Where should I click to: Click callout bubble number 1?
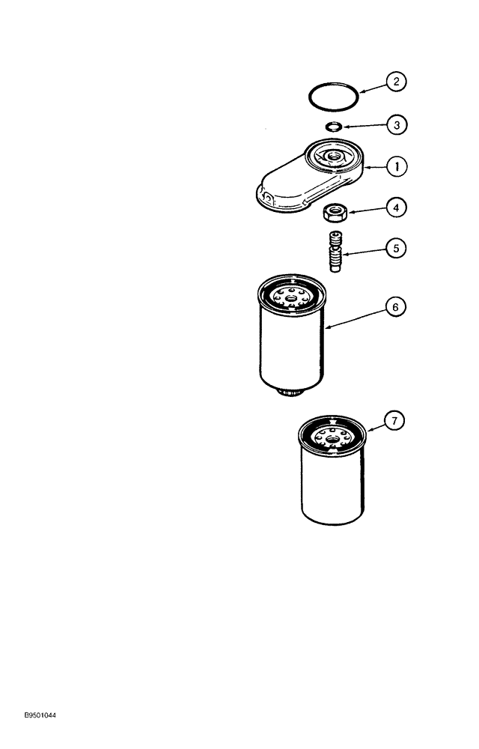pos(396,167)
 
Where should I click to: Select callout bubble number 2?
pos(396,81)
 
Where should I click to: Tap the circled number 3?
pos(396,125)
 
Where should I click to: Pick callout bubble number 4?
pos(396,207)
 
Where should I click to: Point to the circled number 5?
pos(396,246)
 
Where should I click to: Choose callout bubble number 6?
pos(396,306)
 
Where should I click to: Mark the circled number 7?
pos(396,421)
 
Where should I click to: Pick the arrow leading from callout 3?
pos(364,126)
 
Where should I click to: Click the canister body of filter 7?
pos(332,491)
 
